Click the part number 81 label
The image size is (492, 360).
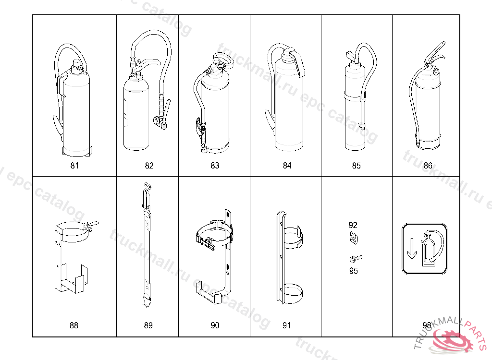coord(74,166)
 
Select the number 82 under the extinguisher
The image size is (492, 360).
coord(149,166)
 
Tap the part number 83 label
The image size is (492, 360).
coord(215,166)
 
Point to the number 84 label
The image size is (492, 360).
coord(287,166)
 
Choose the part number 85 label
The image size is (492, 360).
coord(356,166)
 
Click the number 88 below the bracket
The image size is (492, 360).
coord(74,325)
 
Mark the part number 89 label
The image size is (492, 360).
coord(148,325)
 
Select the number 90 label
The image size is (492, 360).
coord(215,325)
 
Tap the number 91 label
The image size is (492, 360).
coord(286,325)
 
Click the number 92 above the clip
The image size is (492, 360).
coord(353,225)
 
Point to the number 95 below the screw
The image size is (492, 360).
coord(353,271)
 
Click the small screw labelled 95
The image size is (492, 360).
coord(355,259)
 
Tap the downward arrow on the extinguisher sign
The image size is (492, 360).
coord(412,249)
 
